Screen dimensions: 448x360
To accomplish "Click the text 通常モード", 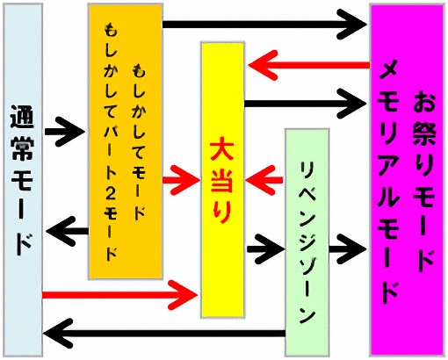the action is pos(22,180).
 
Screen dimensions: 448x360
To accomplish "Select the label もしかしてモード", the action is pos(139,141).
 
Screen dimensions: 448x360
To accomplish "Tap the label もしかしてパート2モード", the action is pos(111,142).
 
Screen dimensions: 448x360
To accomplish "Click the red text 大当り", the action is pos(222,180).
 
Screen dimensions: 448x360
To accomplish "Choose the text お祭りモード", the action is pos(423,181).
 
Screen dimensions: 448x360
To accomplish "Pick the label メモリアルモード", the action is pos(389,182).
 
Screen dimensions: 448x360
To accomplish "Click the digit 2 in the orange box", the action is pos(111,193).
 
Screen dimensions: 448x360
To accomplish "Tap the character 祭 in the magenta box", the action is pos(424,133).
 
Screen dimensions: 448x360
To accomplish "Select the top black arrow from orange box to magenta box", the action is pos(264,25).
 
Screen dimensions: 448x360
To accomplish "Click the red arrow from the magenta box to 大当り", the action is pos(309,65).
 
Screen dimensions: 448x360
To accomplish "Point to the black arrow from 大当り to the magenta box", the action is pos(305,104).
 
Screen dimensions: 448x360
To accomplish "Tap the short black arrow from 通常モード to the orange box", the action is pos(64,132).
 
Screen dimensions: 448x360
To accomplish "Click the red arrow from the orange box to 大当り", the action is pos(181,180).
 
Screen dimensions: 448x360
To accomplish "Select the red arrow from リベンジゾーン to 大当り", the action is pos(264,180).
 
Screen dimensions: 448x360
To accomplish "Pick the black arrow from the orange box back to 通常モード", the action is pos(68,231).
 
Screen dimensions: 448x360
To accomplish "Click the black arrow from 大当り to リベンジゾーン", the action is pos(266,249).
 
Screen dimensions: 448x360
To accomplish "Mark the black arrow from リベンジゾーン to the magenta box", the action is pos(347,249).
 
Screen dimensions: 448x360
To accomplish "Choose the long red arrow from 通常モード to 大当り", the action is pos(120,295).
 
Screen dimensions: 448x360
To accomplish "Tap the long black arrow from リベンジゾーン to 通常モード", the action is pos(164,333).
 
